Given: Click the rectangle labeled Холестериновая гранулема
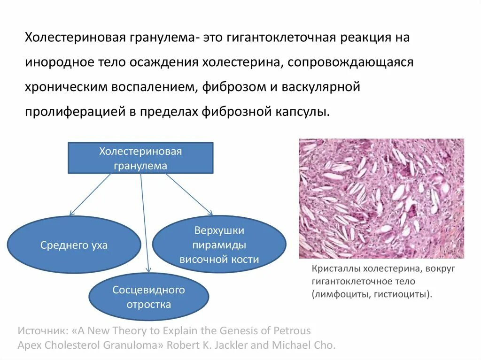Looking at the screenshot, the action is (x=140, y=158).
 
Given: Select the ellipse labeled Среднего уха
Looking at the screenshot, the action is (x=74, y=245).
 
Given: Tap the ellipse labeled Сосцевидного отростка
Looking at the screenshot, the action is (x=148, y=297).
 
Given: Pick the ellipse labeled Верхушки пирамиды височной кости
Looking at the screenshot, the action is (x=219, y=245).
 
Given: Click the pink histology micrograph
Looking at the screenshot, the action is (x=381, y=198).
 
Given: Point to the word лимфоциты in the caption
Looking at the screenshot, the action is (x=338, y=294).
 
